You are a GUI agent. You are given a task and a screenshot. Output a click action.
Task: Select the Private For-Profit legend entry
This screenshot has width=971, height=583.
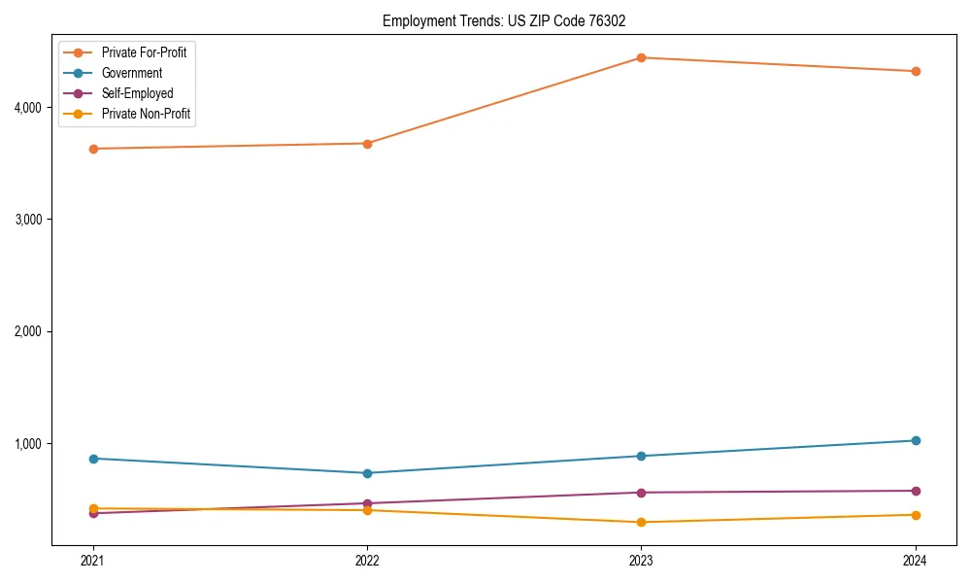click(x=144, y=52)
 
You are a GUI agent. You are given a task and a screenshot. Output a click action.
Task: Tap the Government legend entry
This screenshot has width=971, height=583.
click(x=132, y=73)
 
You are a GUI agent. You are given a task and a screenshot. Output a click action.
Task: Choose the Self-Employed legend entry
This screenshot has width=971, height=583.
click(x=137, y=93)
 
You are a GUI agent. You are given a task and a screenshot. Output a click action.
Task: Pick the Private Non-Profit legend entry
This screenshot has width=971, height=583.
click(x=146, y=114)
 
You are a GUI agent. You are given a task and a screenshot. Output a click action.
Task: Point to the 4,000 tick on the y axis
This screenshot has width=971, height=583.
click(x=27, y=107)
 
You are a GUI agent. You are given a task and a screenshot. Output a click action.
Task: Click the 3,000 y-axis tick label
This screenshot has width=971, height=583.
click(x=27, y=220)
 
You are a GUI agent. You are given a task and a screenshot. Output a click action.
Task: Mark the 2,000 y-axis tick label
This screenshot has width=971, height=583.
click(x=27, y=331)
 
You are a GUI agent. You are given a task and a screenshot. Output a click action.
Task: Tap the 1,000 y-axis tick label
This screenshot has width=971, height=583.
click(x=27, y=444)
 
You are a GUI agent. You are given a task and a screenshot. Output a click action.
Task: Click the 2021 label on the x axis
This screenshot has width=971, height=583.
click(x=93, y=560)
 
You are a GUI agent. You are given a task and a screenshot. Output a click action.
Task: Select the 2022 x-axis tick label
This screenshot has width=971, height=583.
click(x=367, y=560)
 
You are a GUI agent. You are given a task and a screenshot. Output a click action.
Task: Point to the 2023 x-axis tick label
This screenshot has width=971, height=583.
click(x=641, y=560)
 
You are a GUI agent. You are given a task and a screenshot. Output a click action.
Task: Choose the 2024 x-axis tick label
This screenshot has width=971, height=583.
click(x=916, y=560)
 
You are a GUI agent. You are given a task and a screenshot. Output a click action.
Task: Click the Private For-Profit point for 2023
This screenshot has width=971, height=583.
click(x=641, y=57)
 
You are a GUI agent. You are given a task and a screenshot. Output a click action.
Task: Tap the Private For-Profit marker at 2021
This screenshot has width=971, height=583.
click(x=93, y=149)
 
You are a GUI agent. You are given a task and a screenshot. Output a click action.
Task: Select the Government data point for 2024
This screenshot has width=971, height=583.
click(x=916, y=440)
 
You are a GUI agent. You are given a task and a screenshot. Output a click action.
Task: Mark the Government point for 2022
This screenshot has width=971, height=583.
click(x=367, y=473)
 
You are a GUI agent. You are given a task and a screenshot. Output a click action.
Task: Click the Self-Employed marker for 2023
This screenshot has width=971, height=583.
click(x=641, y=493)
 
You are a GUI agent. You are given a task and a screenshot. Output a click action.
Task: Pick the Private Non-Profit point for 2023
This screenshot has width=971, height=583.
click(x=641, y=522)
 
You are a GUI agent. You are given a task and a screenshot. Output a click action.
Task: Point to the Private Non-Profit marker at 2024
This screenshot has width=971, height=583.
click(x=916, y=515)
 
